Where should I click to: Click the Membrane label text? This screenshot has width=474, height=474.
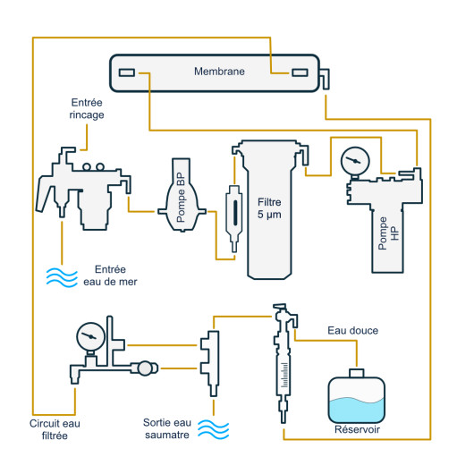click(219, 72)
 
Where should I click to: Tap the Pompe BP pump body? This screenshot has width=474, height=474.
click(182, 195)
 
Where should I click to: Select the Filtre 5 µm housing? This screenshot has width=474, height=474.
click(269, 208)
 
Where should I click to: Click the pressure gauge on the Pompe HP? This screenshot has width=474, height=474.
click(355, 160)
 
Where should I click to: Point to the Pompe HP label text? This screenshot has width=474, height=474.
click(388, 233)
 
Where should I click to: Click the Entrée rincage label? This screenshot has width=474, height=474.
click(87, 108)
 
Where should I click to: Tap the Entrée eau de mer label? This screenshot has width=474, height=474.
click(110, 275)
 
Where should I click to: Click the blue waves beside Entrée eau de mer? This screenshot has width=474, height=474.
click(62, 277)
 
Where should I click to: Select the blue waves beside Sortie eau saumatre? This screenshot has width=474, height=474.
click(214, 429)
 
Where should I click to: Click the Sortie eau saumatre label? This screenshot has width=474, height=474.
click(167, 428)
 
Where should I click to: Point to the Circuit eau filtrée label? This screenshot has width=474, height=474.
click(55, 429)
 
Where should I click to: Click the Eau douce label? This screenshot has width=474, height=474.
click(352, 330)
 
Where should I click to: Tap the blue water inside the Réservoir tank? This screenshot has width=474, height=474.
click(357, 411)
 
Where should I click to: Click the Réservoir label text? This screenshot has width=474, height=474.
click(357, 429)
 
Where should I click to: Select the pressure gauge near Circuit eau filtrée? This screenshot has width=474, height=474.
click(90, 336)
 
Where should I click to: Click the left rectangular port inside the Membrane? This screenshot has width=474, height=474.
click(127, 72)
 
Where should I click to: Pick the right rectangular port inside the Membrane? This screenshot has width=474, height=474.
click(300, 72)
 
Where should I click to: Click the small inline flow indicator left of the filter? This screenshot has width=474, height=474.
click(234, 217)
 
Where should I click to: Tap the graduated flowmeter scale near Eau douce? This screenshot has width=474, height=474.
click(284, 375)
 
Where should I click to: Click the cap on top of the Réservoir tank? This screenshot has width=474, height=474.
click(357, 373)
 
